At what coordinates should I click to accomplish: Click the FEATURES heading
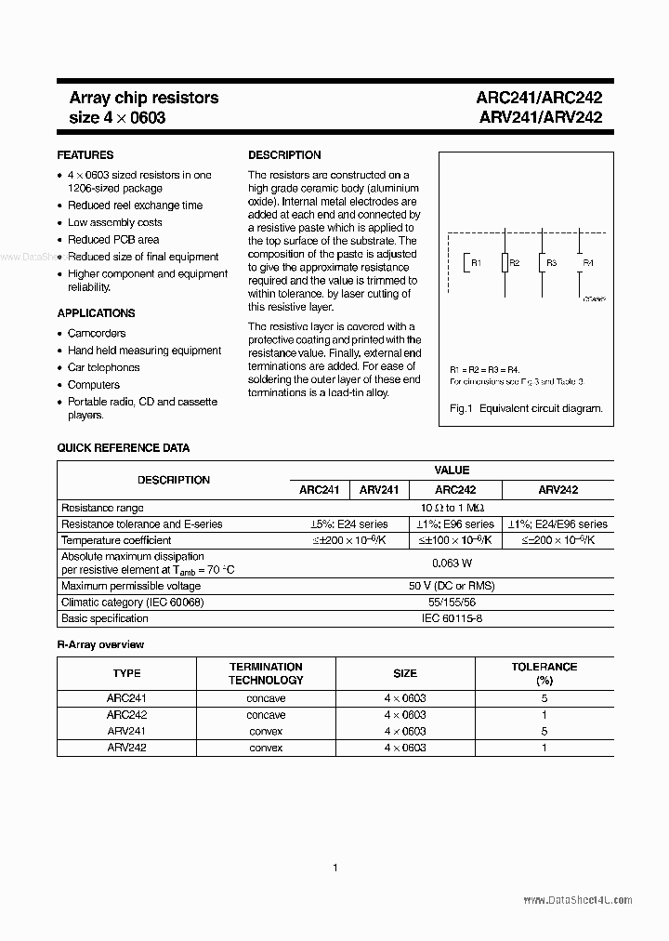click(85, 155)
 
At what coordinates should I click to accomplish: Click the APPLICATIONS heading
click(96, 313)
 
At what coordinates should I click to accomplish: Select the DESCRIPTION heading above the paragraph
click(284, 155)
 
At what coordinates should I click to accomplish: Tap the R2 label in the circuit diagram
click(515, 263)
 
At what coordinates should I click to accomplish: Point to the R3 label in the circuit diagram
click(551, 263)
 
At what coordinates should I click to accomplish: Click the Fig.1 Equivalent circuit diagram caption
click(526, 408)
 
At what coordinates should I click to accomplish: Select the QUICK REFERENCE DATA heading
click(124, 448)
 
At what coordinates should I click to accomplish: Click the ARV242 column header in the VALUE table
click(557, 489)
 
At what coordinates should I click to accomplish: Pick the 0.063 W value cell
click(452, 563)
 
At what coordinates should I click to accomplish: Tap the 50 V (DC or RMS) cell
click(452, 586)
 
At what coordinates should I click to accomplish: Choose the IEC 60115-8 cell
click(452, 618)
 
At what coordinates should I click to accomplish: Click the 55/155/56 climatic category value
click(452, 603)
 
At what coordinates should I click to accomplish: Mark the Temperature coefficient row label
click(116, 540)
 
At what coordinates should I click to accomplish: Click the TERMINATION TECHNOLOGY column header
click(266, 673)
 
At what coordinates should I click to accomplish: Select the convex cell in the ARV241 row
click(266, 732)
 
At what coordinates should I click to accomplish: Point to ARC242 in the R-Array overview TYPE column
click(126, 715)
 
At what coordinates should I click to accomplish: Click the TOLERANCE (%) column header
click(544, 673)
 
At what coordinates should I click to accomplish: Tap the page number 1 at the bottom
click(334, 868)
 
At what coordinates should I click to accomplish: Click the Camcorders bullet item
click(97, 333)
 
